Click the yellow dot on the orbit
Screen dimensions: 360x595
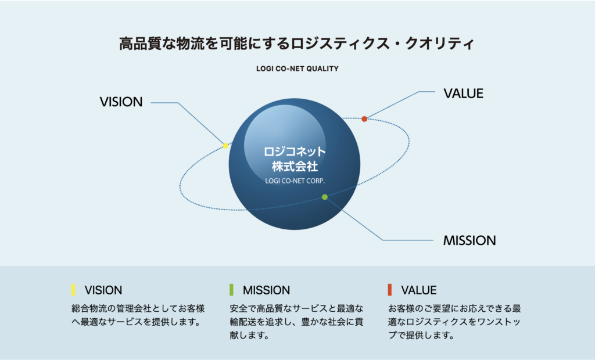pyautogui.click(x=225, y=145)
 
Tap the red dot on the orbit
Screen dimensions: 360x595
pyautogui.click(x=364, y=119)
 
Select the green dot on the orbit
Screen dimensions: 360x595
pyautogui.click(x=325, y=197)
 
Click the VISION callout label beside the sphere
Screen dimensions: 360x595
pyautogui.click(x=121, y=102)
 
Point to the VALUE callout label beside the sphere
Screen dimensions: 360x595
pyautogui.click(x=463, y=93)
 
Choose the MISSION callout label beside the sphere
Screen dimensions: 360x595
pyautogui.click(x=469, y=240)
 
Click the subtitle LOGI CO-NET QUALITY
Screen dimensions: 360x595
pyautogui.click(x=297, y=69)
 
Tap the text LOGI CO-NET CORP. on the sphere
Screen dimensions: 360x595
pyautogui.click(x=295, y=181)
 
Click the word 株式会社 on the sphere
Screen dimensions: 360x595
pyautogui.click(x=295, y=166)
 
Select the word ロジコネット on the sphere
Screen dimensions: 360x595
pyautogui.click(x=295, y=152)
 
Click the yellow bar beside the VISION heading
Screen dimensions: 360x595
pyautogui.click(x=73, y=290)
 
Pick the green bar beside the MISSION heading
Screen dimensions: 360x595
pyautogui.click(x=231, y=290)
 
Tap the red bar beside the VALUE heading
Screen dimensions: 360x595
pyautogui.click(x=389, y=290)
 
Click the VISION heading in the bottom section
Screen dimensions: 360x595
pyautogui.click(x=103, y=290)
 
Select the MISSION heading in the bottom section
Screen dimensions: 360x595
pyautogui.click(x=266, y=290)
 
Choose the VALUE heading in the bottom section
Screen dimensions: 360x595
pyautogui.click(x=418, y=290)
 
